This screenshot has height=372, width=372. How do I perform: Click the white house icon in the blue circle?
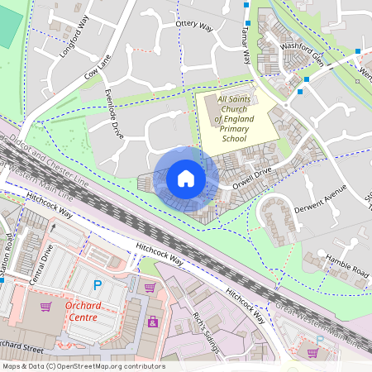click(186, 179)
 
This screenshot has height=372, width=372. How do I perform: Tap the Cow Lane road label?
click(97, 68)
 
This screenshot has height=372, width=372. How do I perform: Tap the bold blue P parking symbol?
click(97, 285)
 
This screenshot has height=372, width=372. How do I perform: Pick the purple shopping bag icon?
click(152, 321)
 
